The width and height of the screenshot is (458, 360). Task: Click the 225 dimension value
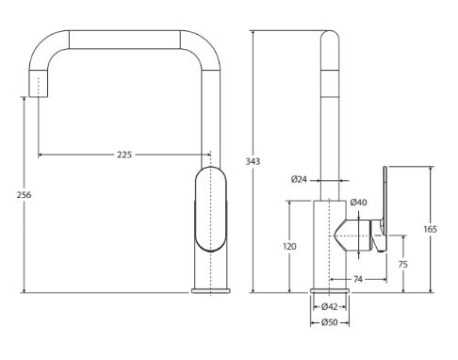click(x=124, y=155)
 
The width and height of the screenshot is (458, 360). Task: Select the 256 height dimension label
click(x=25, y=195)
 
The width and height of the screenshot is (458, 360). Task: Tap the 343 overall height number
click(x=253, y=161)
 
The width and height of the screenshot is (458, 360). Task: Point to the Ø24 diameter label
click(x=299, y=180)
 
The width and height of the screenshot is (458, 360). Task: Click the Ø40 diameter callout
click(x=358, y=203)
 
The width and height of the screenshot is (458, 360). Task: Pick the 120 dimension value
click(x=289, y=246)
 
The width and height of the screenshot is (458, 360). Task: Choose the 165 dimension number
click(x=430, y=229)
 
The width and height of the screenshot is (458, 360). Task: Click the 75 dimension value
click(x=402, y=265)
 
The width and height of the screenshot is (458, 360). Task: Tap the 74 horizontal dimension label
click(x=358, y=279)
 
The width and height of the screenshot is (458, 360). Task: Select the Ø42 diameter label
click(x=330, y=306)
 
